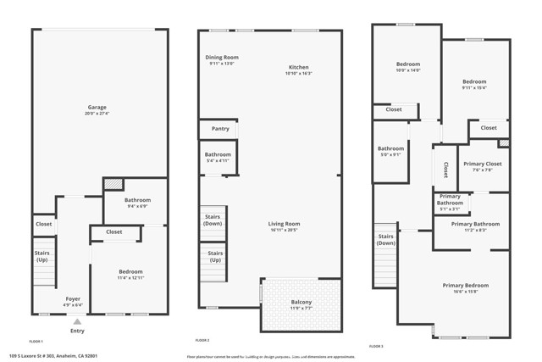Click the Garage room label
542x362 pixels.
tap(97, 108)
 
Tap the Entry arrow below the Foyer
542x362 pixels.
tap(77, 322)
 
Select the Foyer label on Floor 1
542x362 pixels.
tap(74, 299)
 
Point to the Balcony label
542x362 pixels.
tap(301, 303)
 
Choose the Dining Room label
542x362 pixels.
tap(223, 57)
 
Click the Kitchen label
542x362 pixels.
tap(298, 67)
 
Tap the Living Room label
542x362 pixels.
tap(285, 224)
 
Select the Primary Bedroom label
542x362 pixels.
tap(465, 286)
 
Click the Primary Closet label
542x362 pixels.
tap(483, 164)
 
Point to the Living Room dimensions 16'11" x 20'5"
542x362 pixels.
tap(285, 230)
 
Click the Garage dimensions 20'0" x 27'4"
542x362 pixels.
tap(97, 114)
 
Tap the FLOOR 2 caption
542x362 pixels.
tap(202, 340)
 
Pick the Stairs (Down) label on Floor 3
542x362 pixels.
tap(386, 239)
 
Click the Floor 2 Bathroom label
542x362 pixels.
tap(218, 154)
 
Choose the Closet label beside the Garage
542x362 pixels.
tap(43, 224)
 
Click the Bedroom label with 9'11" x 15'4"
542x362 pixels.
tap(474, 81)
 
